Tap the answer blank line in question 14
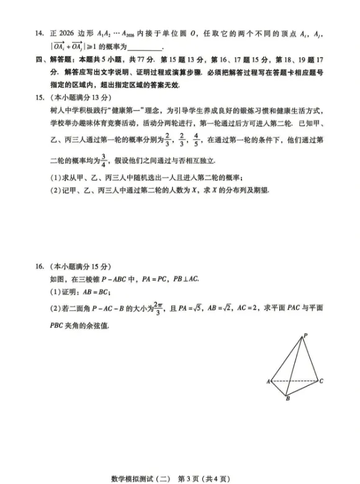point(145,48)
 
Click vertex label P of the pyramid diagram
point(304,336)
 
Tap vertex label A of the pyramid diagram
point(269,381)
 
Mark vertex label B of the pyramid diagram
point(287,399)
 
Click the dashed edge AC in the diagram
point(295,381)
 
